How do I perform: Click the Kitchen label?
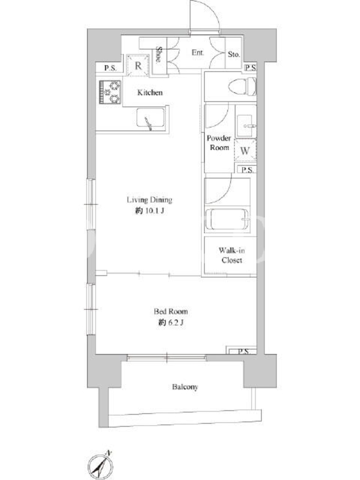[149, 92]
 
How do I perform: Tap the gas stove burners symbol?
[110, 92]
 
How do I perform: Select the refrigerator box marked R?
[138, 65]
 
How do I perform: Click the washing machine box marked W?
[245, 151]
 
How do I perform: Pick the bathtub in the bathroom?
[227, 219]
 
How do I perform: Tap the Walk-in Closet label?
[232, 256]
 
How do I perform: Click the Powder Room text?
[219, 143]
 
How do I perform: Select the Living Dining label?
[149, 200]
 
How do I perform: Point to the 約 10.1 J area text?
[149, 211]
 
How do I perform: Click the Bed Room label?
[170, 311]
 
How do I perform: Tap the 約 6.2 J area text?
[171, 322]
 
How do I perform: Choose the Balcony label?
[185, 387]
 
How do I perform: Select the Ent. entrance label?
[198, 53]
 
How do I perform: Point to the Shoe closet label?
[158, 55]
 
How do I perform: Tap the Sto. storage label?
[233, 55]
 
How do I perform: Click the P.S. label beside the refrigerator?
[110, 68]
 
